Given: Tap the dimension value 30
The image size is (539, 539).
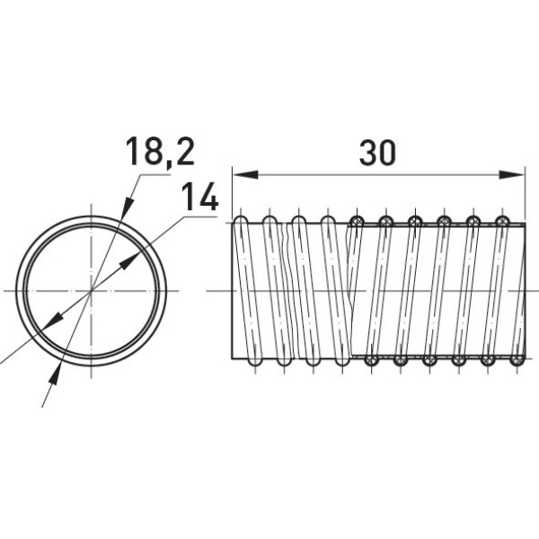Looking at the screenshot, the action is [x=377, y=153].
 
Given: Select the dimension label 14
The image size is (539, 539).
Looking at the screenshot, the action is [x=199, y=196].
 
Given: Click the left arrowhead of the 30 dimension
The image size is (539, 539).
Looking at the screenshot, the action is [x=245, y=174].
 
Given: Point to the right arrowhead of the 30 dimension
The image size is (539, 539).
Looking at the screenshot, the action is [x=512, y=174].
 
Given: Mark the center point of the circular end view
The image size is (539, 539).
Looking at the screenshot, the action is [x=91, y=291].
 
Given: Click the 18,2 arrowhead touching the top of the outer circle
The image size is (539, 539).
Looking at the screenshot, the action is [x=127, y=208].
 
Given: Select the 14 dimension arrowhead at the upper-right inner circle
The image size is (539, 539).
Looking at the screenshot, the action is [x=129, y=261].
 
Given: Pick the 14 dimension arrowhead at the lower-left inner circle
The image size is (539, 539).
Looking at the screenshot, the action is [x=52, y=321].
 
